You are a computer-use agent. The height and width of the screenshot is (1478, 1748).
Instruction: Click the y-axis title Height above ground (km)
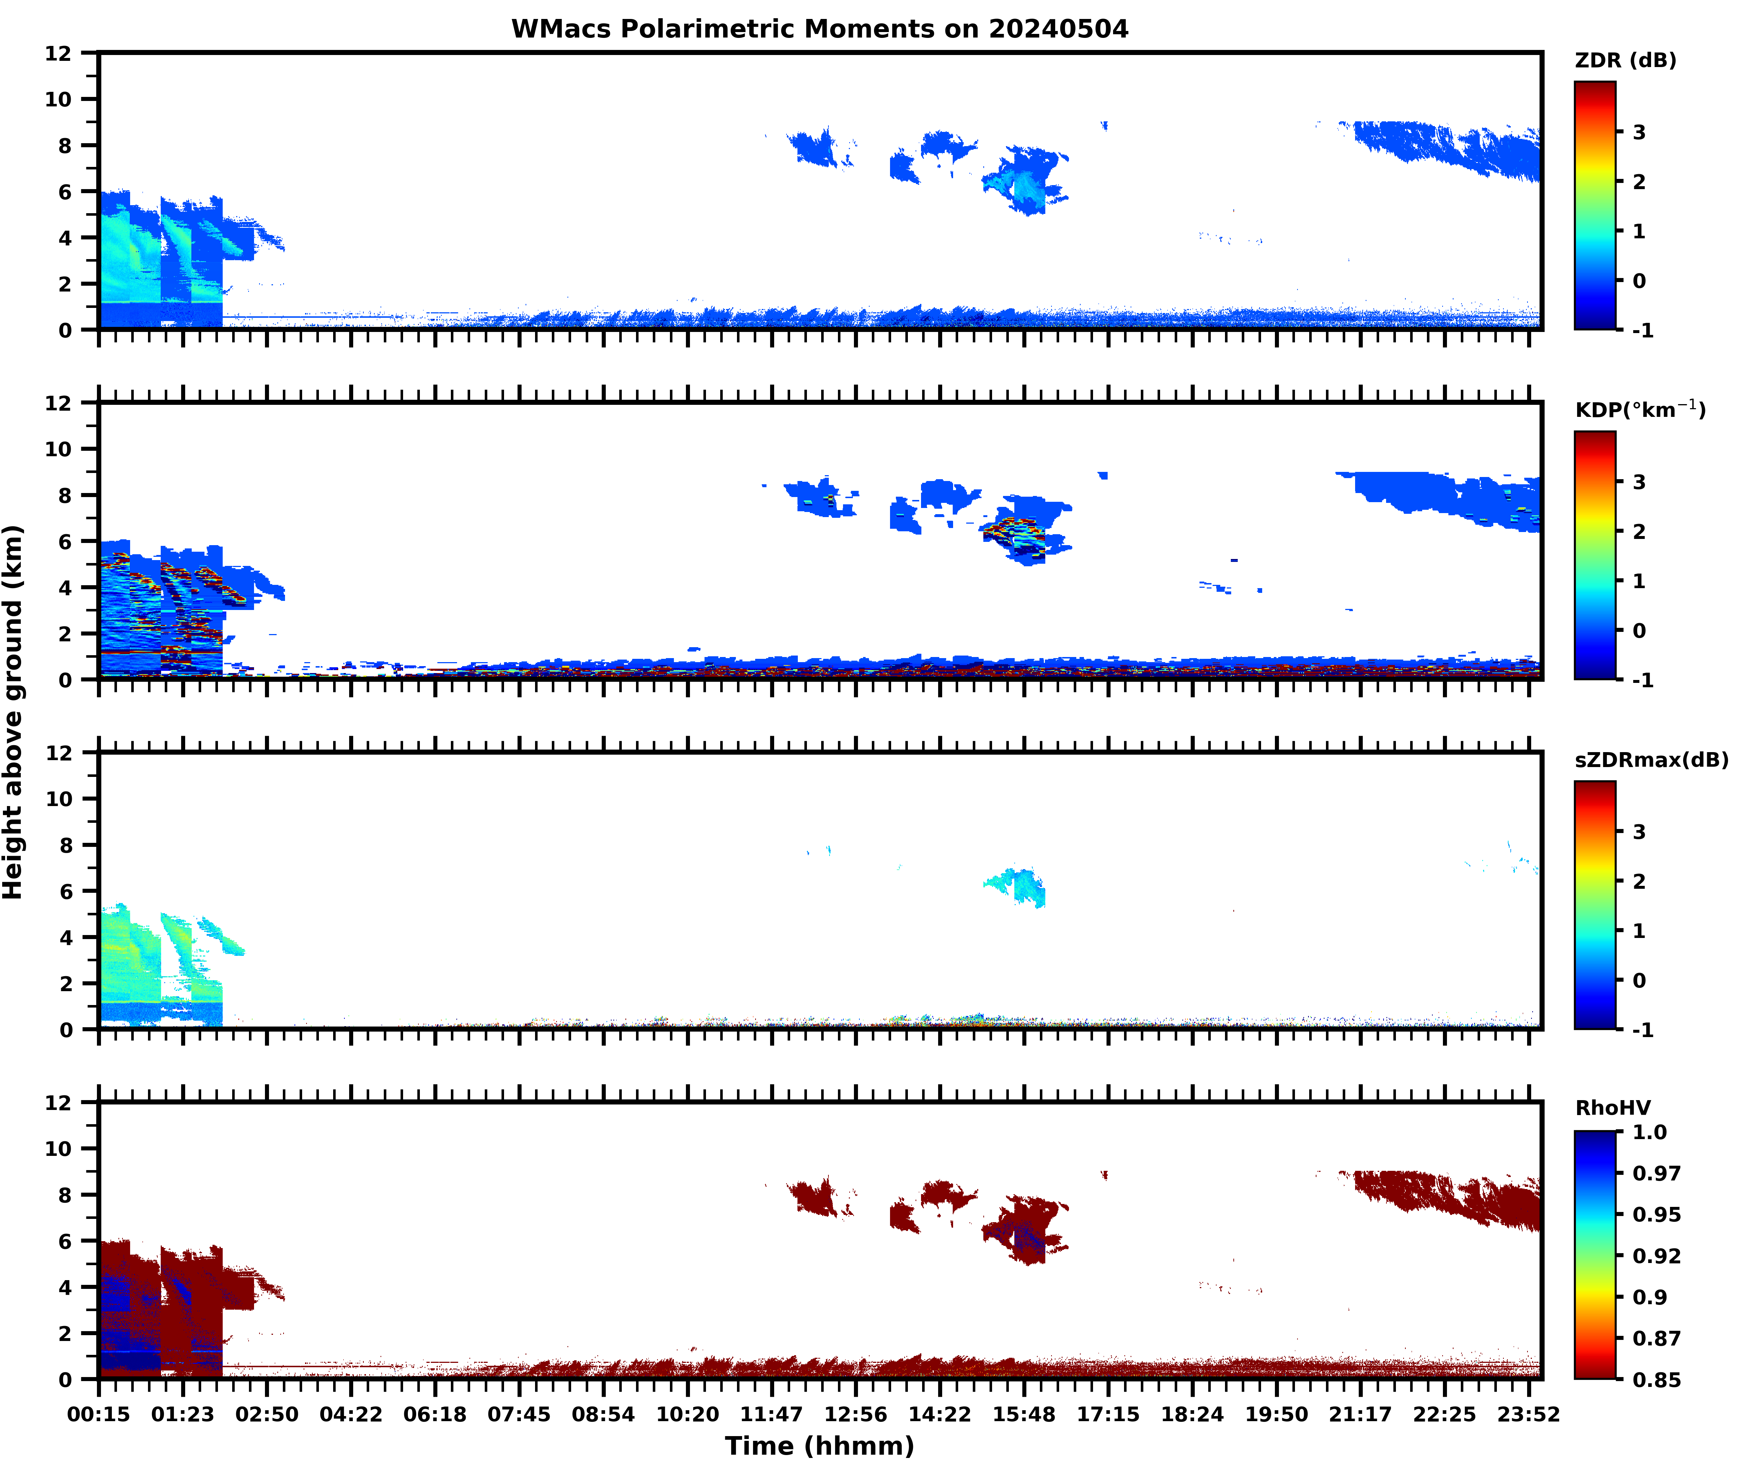click(13, 712)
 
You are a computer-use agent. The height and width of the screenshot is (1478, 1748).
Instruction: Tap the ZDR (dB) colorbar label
click(1625, 60)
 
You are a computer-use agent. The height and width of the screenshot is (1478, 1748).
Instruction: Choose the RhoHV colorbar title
click(1612, 1108)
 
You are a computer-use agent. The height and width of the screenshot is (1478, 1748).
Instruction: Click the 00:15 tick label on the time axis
click(99, 1414)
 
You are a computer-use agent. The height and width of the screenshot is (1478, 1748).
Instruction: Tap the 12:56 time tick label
click(855, 1414)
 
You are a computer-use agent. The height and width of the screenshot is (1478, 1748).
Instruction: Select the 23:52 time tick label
click(1529, 1414)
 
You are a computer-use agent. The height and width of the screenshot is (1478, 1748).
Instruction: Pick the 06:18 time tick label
click(435, 1414)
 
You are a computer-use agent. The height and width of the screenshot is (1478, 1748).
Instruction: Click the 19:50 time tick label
click(1276, 1414)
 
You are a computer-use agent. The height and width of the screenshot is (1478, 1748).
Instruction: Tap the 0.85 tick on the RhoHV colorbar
click(1656, 1379)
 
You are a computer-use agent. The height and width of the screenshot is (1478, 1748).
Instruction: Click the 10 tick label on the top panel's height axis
click(59, 99)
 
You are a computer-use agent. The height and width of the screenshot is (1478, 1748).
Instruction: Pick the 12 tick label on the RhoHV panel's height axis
click(59, 1103)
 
